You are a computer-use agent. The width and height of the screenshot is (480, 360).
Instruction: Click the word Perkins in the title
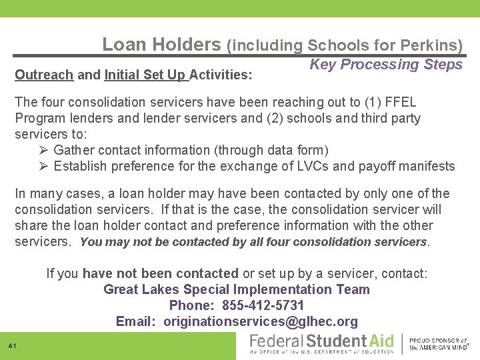tap(431, 45)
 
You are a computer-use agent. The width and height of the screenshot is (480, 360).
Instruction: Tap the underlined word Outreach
tap(44, 75)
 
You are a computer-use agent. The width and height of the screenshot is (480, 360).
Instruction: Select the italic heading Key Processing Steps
tap(386, 65)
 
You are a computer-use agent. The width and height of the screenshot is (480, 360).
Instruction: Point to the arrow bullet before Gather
tap(45, 150)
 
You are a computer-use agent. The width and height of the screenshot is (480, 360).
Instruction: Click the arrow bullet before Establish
tap(45, 166)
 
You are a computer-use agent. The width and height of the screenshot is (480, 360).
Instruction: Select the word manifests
tap(425, 166)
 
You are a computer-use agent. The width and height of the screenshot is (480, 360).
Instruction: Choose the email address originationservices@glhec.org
tap(261, 322)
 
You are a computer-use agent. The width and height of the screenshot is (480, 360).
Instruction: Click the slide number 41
tap(13, 345)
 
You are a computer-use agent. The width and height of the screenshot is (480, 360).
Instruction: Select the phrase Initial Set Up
tap(146, 75)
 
